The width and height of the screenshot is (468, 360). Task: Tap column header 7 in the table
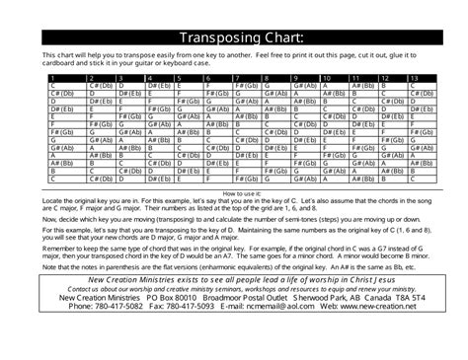239,77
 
